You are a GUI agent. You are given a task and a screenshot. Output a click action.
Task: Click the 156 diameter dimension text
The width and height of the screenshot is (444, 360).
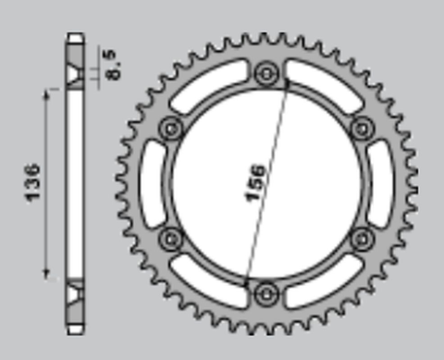[x=254, y=183]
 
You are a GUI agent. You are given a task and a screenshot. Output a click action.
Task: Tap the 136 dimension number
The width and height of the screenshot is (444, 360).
[x=32, y=183]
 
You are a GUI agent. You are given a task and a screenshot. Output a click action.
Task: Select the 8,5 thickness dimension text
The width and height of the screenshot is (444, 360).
[x=113, y=64]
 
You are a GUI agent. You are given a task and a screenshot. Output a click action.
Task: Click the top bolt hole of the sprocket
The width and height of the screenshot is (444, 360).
[x=266, y=73]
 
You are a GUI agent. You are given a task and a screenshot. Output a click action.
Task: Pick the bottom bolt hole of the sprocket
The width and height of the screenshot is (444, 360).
[x=266, y=293]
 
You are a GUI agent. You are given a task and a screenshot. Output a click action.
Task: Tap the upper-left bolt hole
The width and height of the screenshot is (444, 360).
[x=171, y=129]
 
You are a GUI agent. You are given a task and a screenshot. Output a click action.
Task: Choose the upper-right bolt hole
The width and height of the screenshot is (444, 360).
[x=363, y=129]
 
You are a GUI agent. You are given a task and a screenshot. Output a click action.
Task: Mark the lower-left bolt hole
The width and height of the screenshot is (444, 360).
[x=171, y=239]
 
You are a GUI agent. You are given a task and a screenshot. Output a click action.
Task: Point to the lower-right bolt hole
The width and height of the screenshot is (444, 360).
[x=363, y=239]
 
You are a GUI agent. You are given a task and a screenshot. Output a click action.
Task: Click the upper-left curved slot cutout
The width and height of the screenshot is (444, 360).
[x=207, y=85]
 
